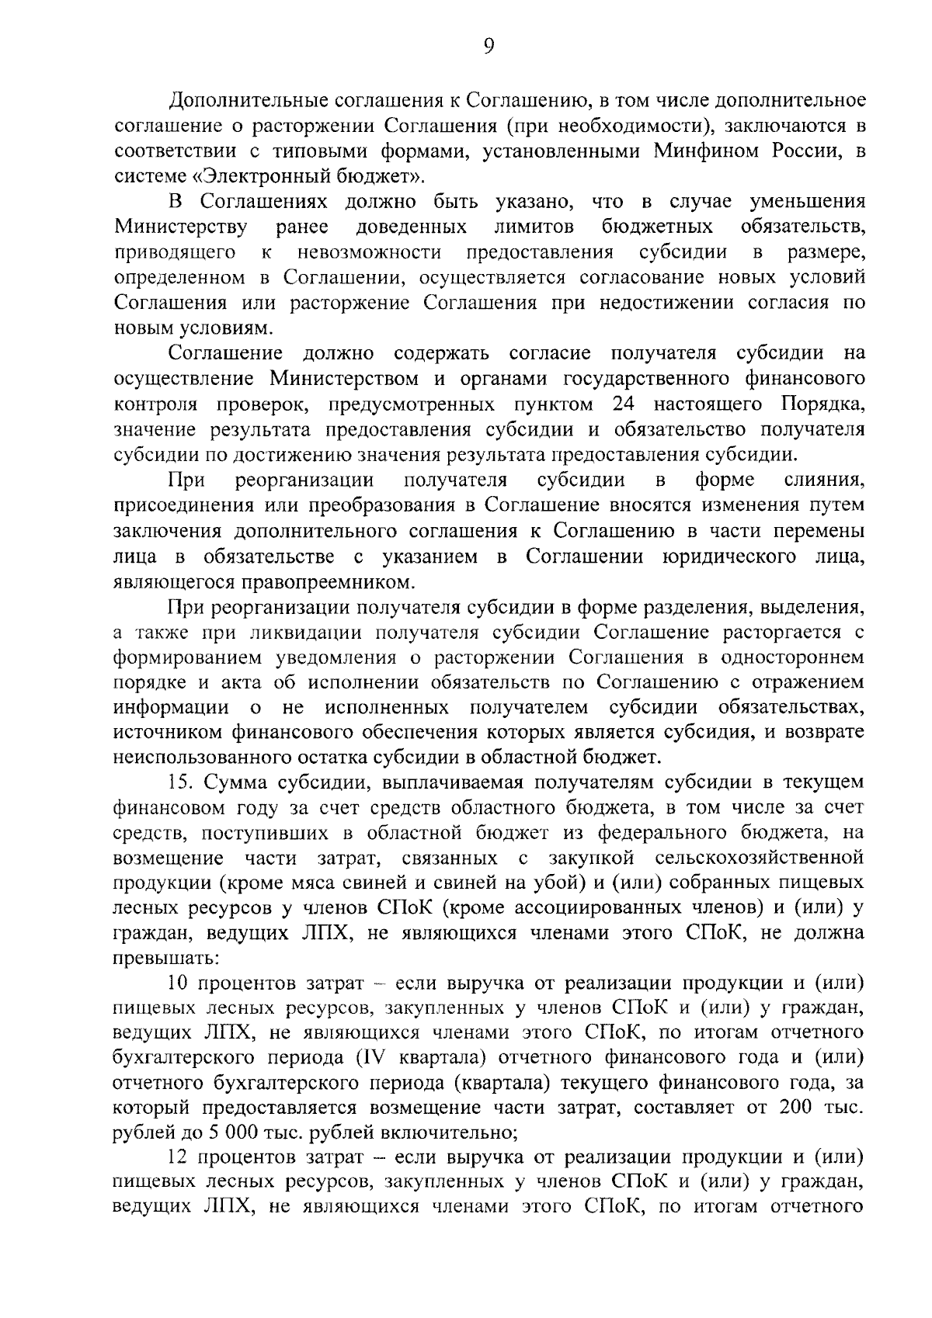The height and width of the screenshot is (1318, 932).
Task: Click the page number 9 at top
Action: pos(488,48)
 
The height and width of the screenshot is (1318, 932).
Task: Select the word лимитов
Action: pos(534,227)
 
